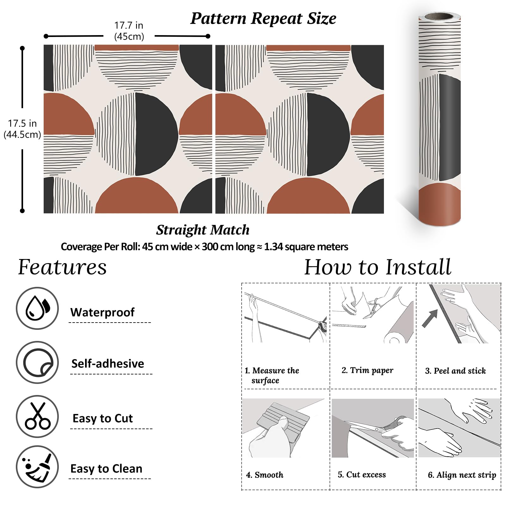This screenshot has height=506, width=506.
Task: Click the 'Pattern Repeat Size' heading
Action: pyautogui.click(x=263, y=18)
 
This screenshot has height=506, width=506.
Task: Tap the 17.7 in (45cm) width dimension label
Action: pyautogui.click(x=129, y=31)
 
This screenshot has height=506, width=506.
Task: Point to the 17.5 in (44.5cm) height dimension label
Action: pyautogui.click(x=22, y=129)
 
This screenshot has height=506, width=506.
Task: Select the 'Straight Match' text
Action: pyautogui.click(x=203, y=230)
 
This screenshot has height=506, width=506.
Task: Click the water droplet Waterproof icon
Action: pyautogui.click(x=37, y=308)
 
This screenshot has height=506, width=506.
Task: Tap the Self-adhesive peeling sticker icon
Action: pyautogui.click(x=37, y=362)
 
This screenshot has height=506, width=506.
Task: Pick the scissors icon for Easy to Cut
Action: pyautogui.click(x=37, y=416)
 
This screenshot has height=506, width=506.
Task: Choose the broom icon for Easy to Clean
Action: pyautogui.click(x=37, y=467)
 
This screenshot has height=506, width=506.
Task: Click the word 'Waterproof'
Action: pyautogui.click(x=102, y=312)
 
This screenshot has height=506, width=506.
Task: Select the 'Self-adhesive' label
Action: pyautogui.click(x=108, y=364)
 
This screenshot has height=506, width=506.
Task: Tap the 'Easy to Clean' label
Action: pyautogui.click(x=106, y=469)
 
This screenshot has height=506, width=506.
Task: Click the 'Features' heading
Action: pyautogui.click(x=62, y=267)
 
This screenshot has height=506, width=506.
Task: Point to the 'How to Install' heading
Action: pyautogui.click(x=378, y=267)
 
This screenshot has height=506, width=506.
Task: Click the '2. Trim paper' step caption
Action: pyautogui.click(x=367, y=370)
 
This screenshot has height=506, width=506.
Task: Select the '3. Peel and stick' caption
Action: pyautogui.click(x=455, y=371)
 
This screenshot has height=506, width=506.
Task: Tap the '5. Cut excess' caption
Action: pyautogui.click(x=362, y=474)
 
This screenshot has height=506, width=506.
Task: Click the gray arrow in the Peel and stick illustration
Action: pyautogui.click(x=430, y=318)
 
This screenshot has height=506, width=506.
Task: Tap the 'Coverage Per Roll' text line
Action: pyautogui.click(x=204, y=247)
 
